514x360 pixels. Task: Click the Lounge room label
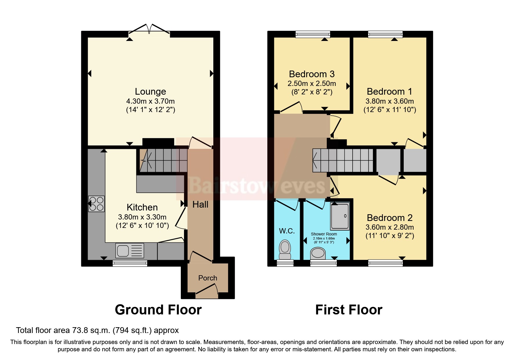[150, 92]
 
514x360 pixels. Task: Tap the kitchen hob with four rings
[96, 204]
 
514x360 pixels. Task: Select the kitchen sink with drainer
[130, 251]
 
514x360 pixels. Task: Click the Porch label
[208, 278]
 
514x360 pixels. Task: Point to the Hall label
[200, 205]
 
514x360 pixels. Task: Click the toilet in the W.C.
[285, 249]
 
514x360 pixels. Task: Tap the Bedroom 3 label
[312, 74]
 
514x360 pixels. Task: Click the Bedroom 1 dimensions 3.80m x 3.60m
[389, 101]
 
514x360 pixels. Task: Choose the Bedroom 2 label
[389, 218]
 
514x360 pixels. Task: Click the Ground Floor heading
[158, 310]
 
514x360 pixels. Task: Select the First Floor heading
[349, 310]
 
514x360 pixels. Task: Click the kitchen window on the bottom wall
[130, 263]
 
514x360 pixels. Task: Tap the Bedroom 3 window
[313, 34]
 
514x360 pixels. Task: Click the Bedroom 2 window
[385, 263]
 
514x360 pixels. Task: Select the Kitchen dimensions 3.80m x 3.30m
[142, 217]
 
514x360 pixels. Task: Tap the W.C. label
[287, 231]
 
